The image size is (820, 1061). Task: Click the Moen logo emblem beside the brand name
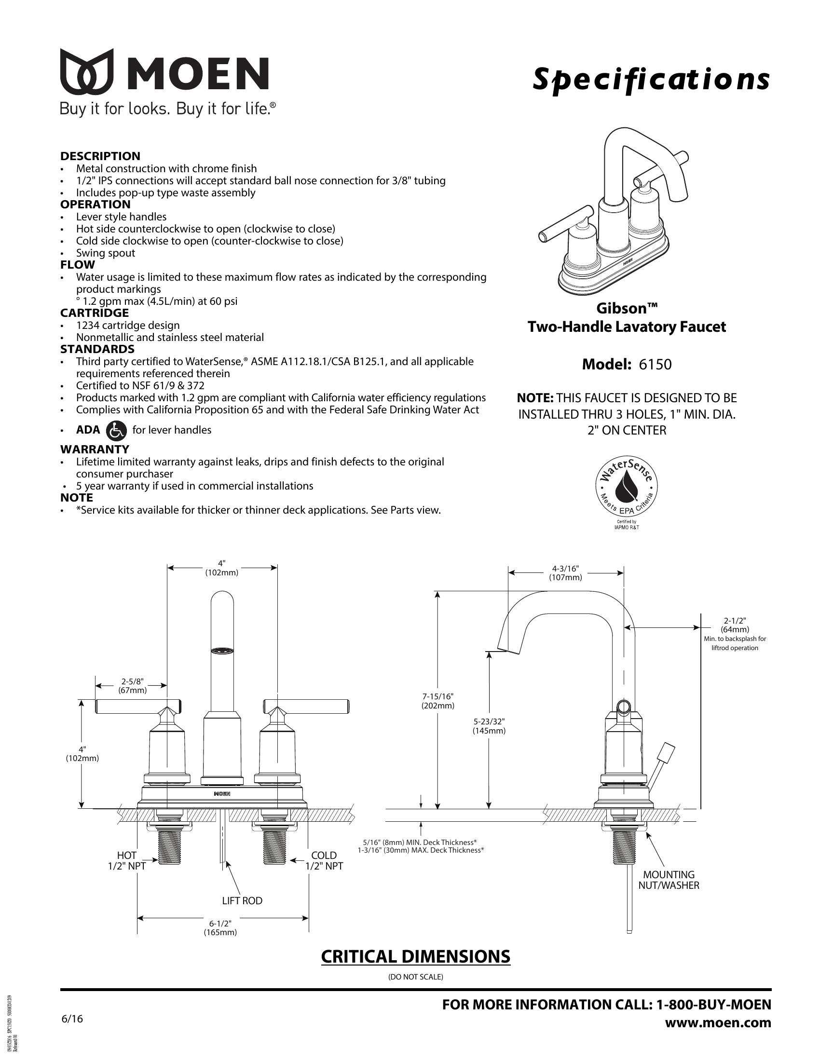[x=87, y=71]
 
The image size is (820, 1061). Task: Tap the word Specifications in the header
[x=652, y=79]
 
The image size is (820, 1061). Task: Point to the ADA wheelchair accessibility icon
[x=116, y=430]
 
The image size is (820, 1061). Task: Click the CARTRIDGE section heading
[x=95, y=313]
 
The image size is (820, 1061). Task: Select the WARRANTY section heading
[x=95, y=449]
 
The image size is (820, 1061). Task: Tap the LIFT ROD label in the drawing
[x=243, y=901]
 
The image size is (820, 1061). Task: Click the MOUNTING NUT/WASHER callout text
[x=669, y=880]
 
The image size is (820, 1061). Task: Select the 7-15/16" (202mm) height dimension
[x=437, y=702]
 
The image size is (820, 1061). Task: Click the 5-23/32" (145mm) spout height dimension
[x=489, y=726]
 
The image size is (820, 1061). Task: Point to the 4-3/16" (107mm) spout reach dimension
[x=565, y=573]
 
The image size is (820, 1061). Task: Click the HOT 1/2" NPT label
[x=127, y=860]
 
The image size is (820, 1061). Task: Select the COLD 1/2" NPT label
[x=324, y=860]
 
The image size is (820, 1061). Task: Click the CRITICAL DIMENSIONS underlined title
[x=416, y=956]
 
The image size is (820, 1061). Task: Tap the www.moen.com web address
[x=718, y=1022]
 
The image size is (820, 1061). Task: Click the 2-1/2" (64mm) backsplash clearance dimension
[x=735, y=625]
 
